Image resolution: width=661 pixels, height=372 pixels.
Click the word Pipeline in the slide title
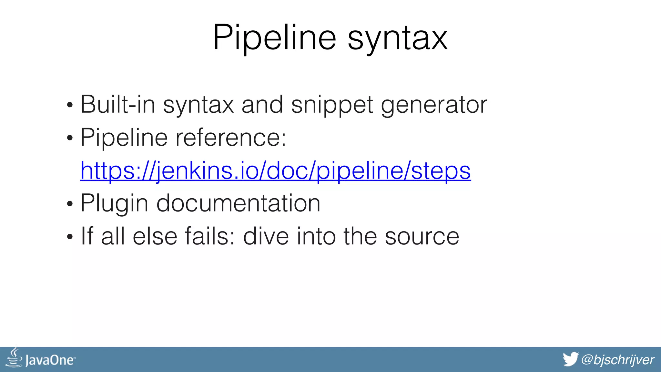click(x=275, y=37)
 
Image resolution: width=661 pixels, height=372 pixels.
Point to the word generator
click(x=434, y=105)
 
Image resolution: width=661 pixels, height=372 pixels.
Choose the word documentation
click(x=238, y=203)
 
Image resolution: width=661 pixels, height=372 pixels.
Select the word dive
click(x=266, y=236)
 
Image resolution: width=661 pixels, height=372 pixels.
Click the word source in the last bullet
click(x=422, y=237)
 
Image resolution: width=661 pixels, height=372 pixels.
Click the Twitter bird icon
click(x=570, y=359)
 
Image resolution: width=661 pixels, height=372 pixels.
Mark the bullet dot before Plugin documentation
click(x=70, y=204)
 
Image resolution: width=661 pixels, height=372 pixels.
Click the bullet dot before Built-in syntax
click(x=70, y=105)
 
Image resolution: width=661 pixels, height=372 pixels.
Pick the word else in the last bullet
click(x=155, y=236)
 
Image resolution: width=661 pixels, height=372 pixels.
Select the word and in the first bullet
click(x=262, y=105)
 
